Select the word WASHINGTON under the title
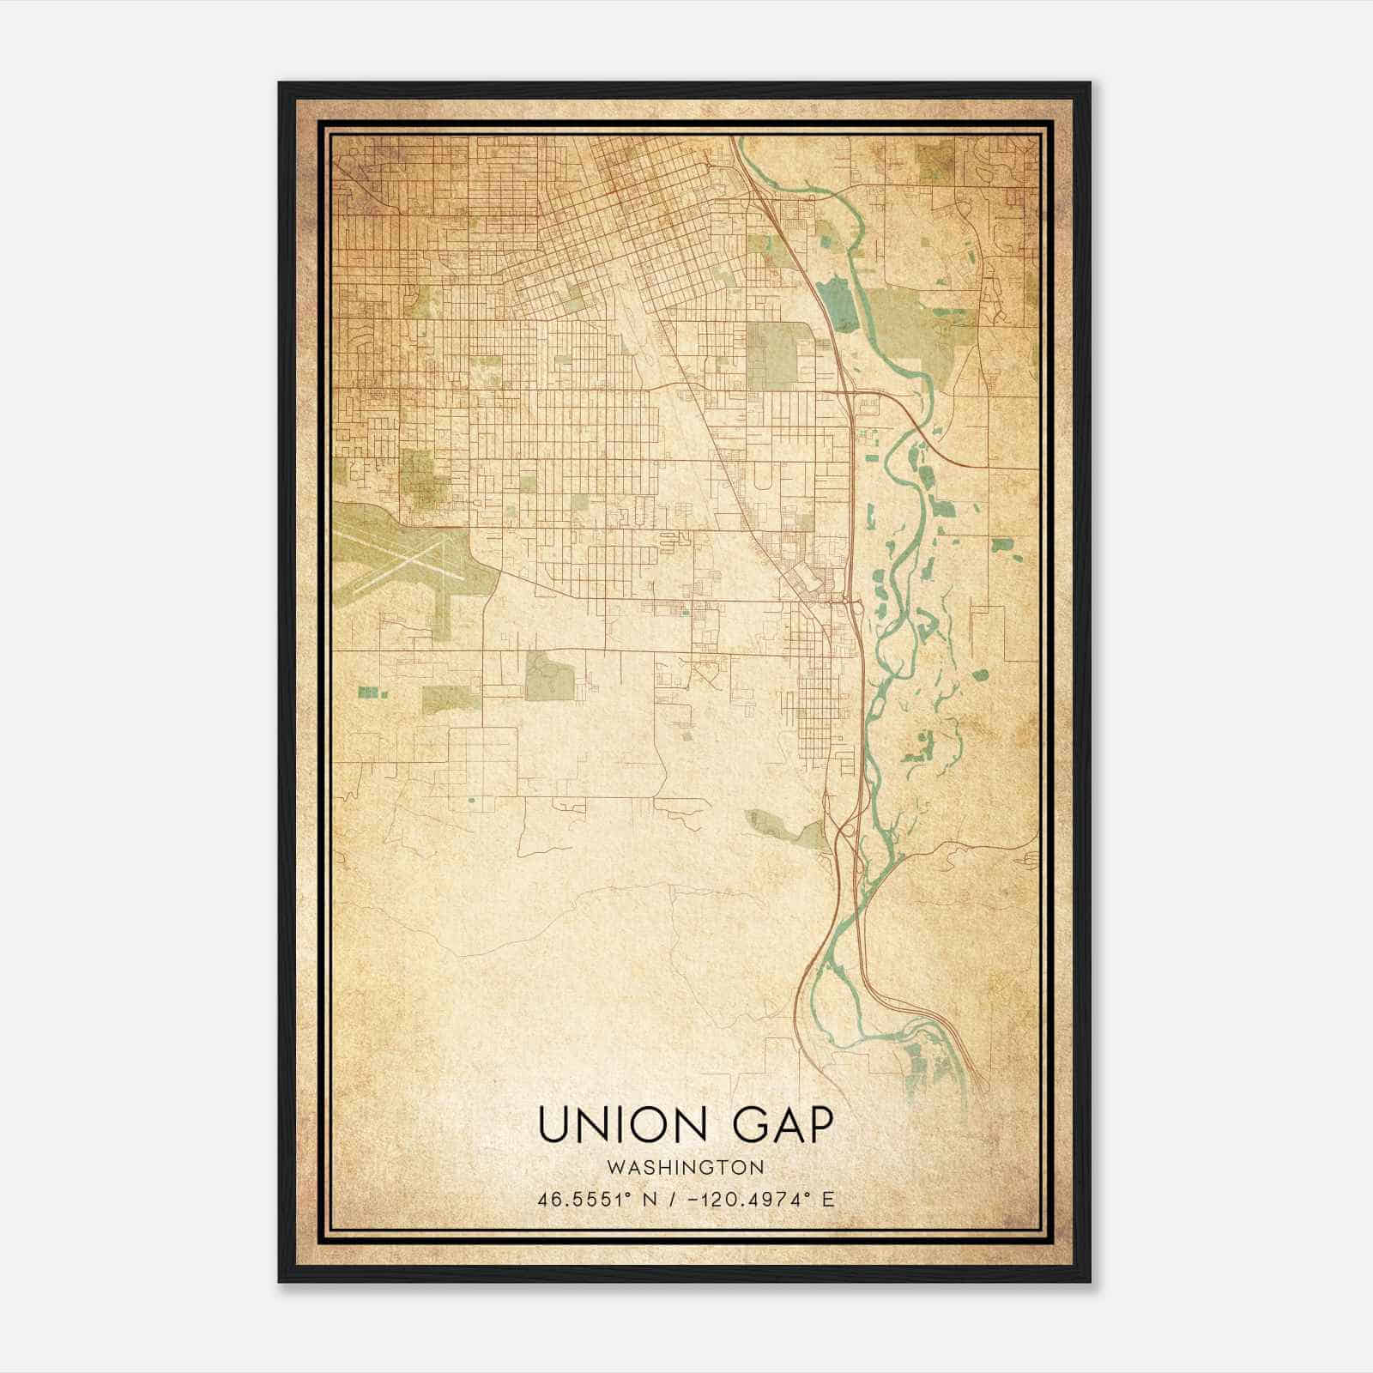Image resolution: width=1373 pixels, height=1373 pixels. pos(686,1168)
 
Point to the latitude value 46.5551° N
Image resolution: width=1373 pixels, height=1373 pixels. pos(598,1200)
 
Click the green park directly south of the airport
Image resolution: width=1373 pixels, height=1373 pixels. pos(451,699)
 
